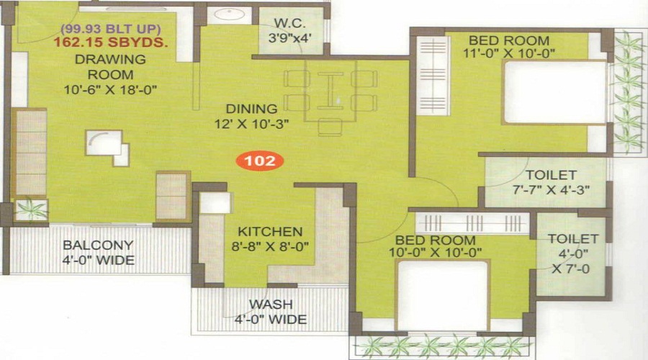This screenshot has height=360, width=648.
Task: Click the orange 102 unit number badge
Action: point(261,161)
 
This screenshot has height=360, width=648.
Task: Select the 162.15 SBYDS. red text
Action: point(111,43)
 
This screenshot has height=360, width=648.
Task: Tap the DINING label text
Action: point(251,109)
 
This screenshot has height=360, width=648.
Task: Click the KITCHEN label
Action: point(270,232)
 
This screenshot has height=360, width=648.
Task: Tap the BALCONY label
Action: point(99,246)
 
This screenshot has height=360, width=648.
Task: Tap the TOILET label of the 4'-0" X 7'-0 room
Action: point(573,238)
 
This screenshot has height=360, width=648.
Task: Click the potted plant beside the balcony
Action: point(30,210)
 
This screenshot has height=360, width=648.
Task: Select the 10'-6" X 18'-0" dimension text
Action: point(111,89)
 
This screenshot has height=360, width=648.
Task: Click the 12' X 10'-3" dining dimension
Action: point(251,123)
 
